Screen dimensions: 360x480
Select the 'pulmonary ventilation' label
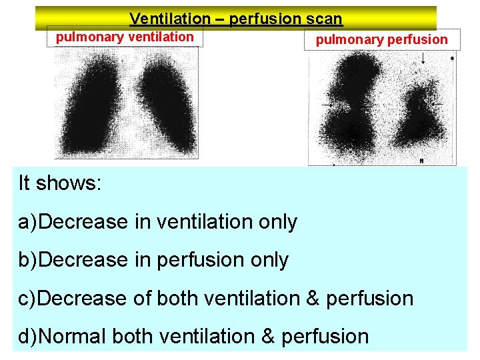(125, 37)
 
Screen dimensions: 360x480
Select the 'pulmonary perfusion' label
(382, 39)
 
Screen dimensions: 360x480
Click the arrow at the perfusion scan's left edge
(327, 105)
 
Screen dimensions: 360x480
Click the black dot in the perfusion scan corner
(451, 58)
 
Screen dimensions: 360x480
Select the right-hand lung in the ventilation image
(164, 107)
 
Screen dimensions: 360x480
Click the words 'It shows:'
(60, 183)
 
